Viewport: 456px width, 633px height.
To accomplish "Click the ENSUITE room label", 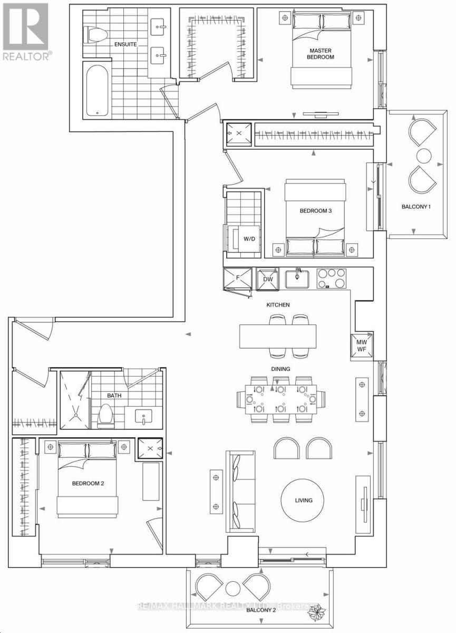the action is coord(125,44).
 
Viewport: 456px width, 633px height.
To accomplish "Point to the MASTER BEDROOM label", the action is coord(321,54).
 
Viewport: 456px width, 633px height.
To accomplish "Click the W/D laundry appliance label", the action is coord(249,239).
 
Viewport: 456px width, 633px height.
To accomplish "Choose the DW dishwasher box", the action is coord(268,279).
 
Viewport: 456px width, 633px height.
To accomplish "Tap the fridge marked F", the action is coord(237,279).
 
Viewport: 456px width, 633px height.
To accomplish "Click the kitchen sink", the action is coord(297,279).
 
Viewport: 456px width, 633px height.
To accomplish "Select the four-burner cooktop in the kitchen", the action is coord(332,279).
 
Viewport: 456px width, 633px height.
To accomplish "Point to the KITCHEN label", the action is coord(278,305).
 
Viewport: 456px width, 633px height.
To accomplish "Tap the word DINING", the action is coord(280,369).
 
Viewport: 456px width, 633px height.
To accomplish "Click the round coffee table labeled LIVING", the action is coord(303,501).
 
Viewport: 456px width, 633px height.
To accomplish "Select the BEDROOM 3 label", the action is coord(316,211).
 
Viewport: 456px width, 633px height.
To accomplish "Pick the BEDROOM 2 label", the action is coord(88,484).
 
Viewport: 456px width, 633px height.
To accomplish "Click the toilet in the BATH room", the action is coord(105,416).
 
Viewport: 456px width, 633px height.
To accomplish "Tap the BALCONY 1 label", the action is coord(416,207).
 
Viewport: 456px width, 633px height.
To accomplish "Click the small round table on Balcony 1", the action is coord(424,156).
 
